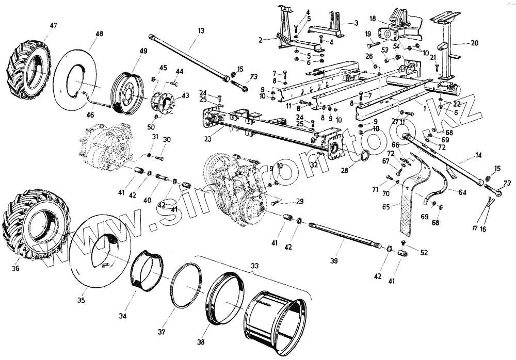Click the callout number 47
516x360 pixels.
tap(54, 25)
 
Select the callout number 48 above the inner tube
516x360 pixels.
tap(99, 34)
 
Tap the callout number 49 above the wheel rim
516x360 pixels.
tap(143, 51)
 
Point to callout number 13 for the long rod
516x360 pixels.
tap(201, 30)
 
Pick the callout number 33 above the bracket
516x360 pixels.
tap(254, 266)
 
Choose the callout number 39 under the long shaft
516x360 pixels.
tap(334, 261)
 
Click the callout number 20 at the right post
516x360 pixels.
tap(475, 44)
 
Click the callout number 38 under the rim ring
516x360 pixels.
tap(200, 341)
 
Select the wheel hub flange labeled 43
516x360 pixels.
tap(163, 102)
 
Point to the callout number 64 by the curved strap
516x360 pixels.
tap(461, 192)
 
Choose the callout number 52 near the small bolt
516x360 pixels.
tap(424, 253)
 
